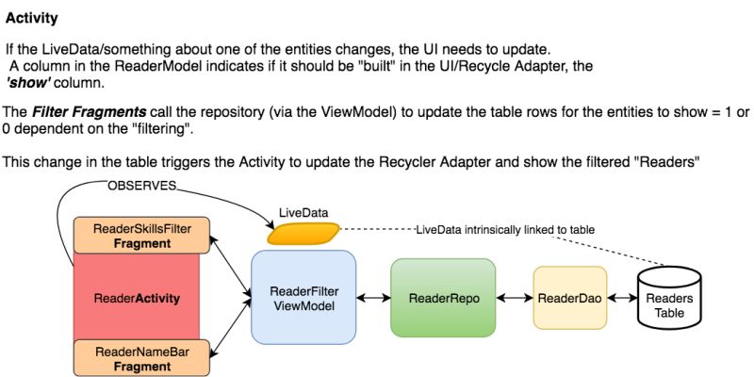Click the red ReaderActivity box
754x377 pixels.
point(137,298)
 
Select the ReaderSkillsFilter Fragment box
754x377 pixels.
point(140,236)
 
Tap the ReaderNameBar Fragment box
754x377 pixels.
point(140,359)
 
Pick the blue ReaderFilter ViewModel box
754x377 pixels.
point(303,297)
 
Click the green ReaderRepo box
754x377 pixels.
point(443,298)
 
